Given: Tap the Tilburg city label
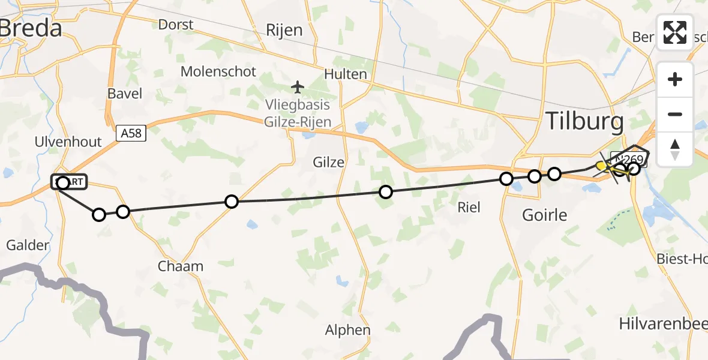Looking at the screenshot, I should (x=584, y=122).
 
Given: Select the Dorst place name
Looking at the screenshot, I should (x=176, y=25).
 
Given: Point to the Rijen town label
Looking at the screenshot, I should (x=284, y=30).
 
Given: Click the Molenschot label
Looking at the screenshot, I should (x=218, y=71).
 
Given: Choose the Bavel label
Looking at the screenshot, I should (x=125, y=93).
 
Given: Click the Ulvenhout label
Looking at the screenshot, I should (x=68, y=142).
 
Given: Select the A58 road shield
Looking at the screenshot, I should (x=130, y=133).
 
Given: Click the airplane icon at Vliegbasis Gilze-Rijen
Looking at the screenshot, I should (x=298, y=88).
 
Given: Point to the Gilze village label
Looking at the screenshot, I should (x=328, y=162).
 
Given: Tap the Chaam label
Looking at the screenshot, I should (x=180, y=266).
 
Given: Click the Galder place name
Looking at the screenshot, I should (x=28, y=245).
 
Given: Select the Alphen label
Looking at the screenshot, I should (x=347, y=329).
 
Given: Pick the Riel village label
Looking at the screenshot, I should (x=469, y=207).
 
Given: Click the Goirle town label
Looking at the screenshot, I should (x=544, y=214).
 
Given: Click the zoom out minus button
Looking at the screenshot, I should (x=675, y=115).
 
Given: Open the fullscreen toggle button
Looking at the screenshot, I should (x=675, y=32).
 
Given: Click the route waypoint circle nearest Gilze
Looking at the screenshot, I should (x=386, y=192).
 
